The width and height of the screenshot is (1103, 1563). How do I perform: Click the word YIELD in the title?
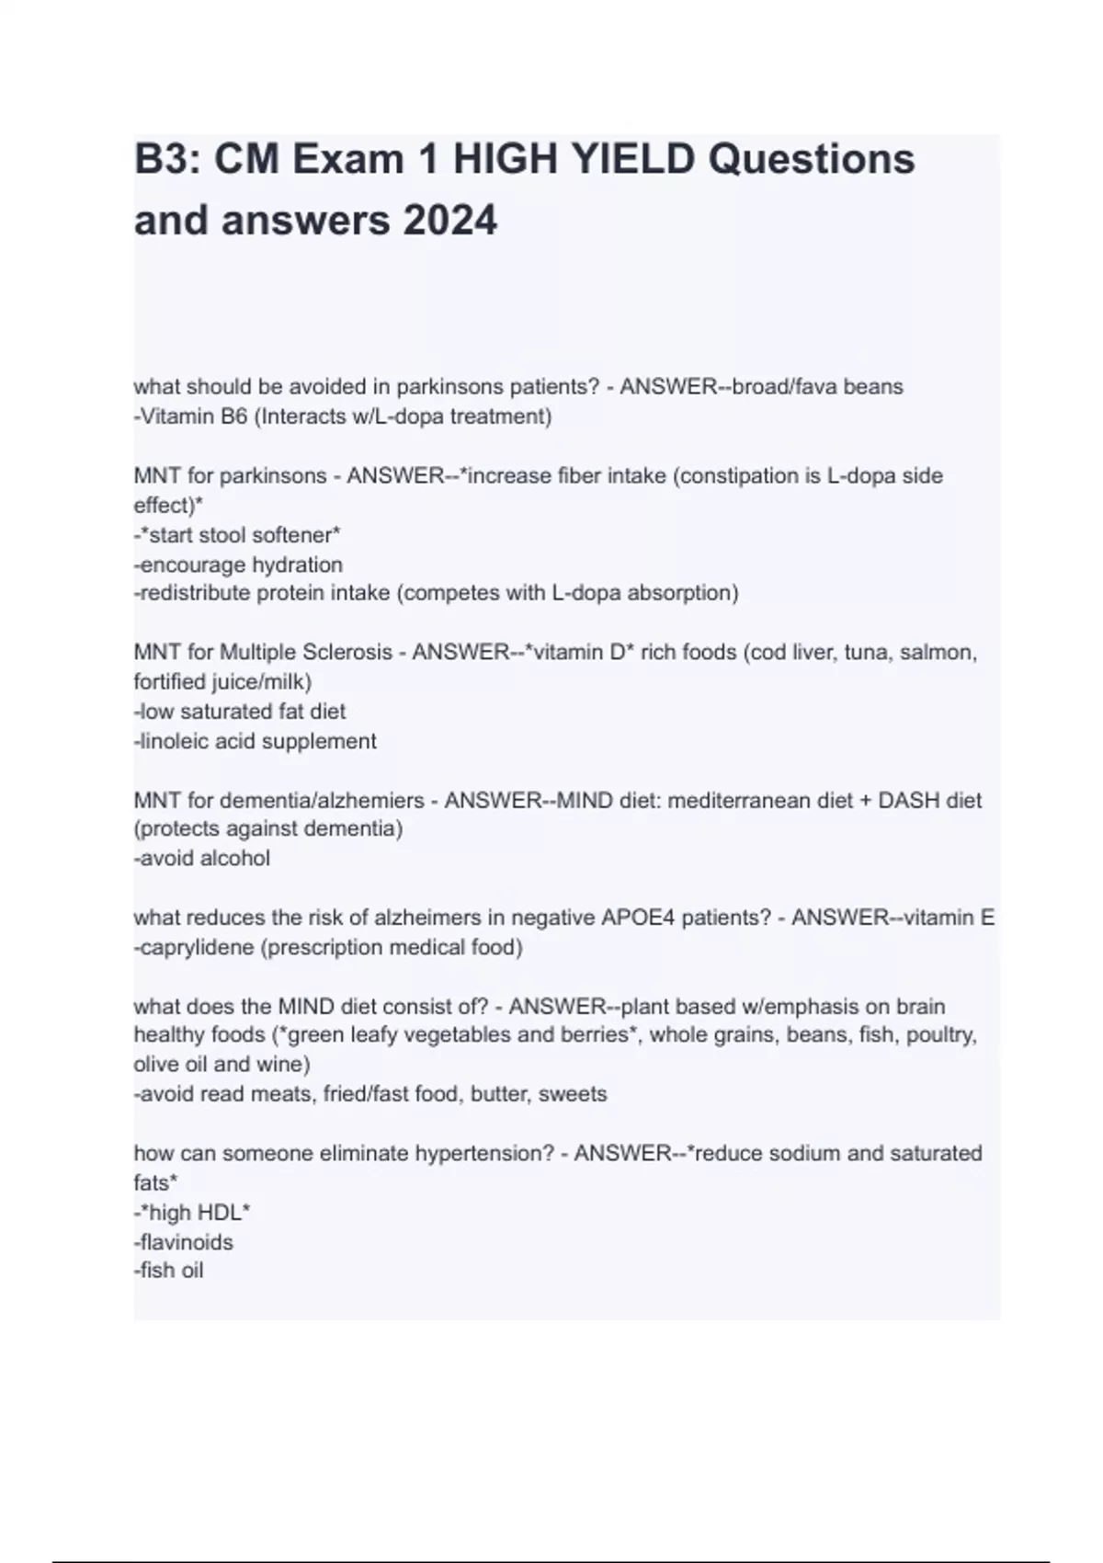633,160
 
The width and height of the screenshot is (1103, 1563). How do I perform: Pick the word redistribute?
195,593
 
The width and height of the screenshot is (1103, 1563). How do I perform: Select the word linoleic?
175,741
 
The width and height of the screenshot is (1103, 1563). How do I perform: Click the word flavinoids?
187,1242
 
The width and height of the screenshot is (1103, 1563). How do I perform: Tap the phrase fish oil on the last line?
171,1271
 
